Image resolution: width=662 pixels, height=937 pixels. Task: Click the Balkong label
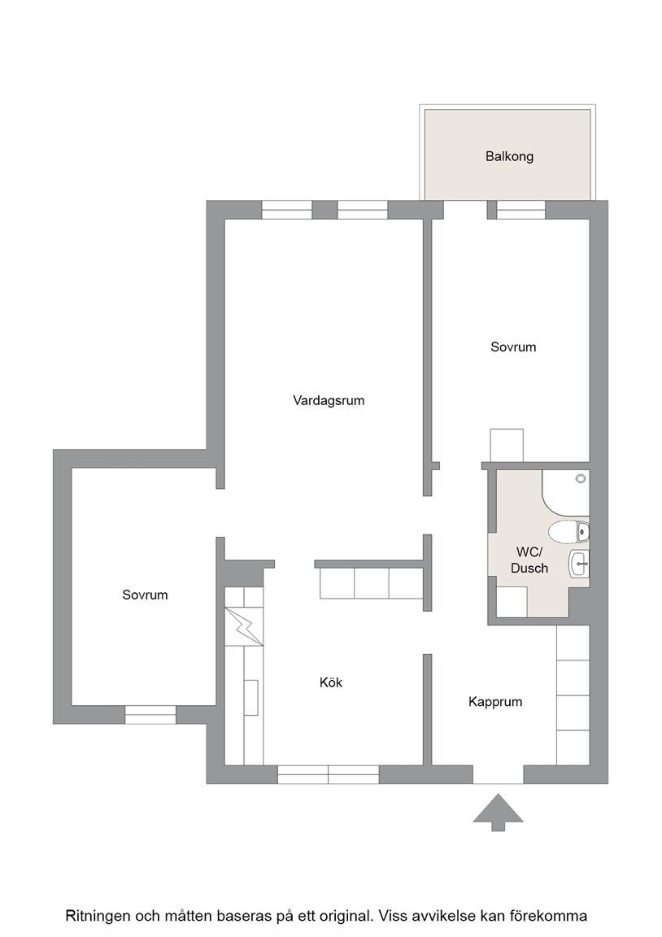point(509,156)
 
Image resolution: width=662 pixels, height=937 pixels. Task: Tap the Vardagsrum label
point(329,400)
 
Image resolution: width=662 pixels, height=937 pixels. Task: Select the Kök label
point(331,682)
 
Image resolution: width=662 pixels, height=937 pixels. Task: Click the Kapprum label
point(495,702)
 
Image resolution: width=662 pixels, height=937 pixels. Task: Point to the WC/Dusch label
point(529,560)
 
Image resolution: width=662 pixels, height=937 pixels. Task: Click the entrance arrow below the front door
point(499,812)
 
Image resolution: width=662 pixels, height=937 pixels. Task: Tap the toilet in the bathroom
point(568,532)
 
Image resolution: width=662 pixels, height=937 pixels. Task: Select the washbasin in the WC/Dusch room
point(579,564)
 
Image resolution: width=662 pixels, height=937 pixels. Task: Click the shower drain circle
point(580,478)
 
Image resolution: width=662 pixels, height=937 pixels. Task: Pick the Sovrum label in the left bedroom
point(146,595)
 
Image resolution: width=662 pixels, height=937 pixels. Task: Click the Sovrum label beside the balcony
point(513,347)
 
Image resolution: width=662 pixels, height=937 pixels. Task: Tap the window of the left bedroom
point(150,715)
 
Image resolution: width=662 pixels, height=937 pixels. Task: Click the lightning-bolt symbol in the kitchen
point(244,626)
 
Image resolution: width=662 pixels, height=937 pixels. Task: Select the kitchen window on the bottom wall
point(328,774)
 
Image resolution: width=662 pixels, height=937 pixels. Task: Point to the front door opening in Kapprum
point(499,774)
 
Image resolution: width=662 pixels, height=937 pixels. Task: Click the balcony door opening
point(465,210)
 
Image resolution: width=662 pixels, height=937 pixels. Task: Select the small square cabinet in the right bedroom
point(507,445)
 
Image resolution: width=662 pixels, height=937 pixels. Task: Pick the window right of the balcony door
point(521,210)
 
